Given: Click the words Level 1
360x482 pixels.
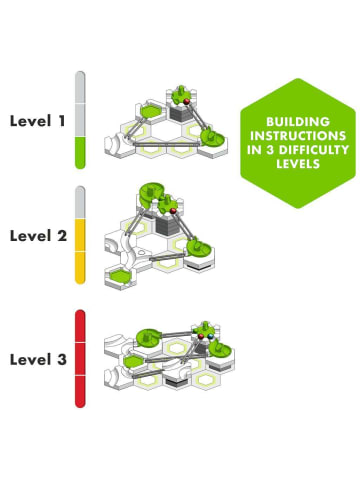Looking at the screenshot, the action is (x=37, y=121).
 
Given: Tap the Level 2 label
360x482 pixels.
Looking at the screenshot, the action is (x=38, y=236).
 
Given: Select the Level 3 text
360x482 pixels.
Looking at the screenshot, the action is (x=38, y=359).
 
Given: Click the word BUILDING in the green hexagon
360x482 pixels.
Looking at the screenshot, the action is (x=298, y=122).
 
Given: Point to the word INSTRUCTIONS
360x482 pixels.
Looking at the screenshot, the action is (x=298, y=136).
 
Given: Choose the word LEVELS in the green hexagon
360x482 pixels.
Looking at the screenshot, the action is (x=298, y=164).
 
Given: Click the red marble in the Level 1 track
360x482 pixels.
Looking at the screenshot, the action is (x=187, y=101).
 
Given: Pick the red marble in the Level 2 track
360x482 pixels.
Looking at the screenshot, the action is (x=173, y=211).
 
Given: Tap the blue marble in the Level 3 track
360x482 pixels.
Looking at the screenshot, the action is (x=210, y=336).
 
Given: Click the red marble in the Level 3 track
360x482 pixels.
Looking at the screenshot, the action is (x=201, y=336).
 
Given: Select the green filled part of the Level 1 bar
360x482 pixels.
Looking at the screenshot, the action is (x=80, y=153).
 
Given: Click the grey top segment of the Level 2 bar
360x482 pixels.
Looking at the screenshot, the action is (x=80, y=202).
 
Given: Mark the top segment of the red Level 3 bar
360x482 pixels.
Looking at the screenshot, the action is (x=80, y=326).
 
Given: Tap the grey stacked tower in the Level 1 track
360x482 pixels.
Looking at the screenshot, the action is (x=180, y=113).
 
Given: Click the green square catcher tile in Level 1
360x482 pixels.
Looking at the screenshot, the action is (x=151, y=111).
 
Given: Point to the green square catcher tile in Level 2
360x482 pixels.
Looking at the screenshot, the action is (x=121, y=277).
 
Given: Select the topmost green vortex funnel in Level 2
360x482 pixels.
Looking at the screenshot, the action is (x=150, y=193).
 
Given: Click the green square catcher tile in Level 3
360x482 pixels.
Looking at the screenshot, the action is (x=134, y=361).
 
